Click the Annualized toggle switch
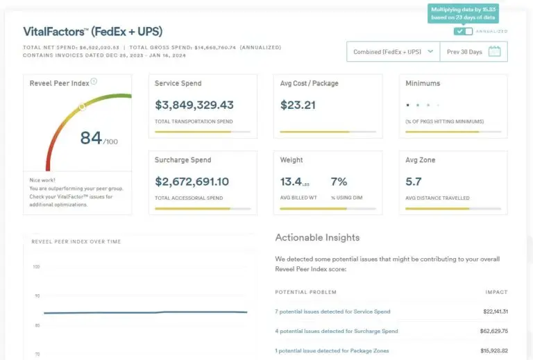[x=463, y=31]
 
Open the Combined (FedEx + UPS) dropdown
[x=393, y=51]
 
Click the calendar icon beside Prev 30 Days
[x=494, y=51]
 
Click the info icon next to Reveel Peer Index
[x=94, y=82]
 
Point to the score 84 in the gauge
[x=91, y=137]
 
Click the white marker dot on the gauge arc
[x=82, y=107]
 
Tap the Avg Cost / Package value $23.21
[x=298, y=105]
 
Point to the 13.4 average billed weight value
[x=291, y=182]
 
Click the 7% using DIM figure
[x=339, y=182]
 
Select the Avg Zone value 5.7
[x=414, y=182]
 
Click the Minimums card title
[x=423, y=83]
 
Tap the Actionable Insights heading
[x=317, y=237]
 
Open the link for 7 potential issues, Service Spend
[x=332, y=312]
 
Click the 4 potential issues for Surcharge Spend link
[x=337, y=332]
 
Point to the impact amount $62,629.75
[x=496, y=332]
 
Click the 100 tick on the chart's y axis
[x=35, y=267]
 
